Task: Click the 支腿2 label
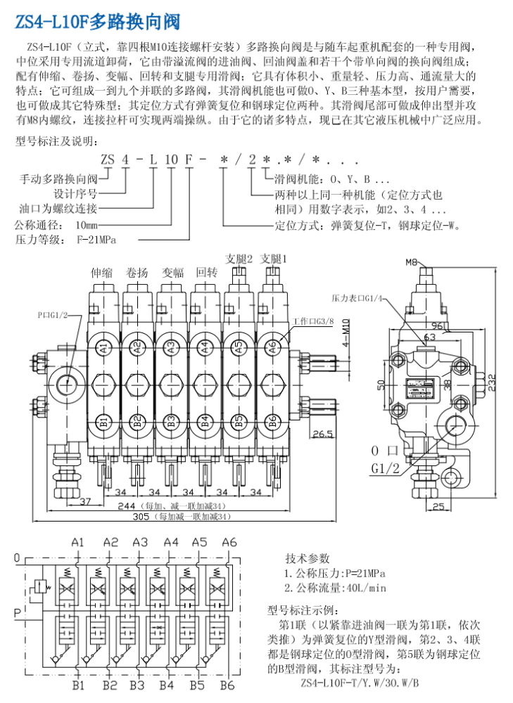[239, 259]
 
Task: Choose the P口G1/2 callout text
[53, 314]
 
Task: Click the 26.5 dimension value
[323, 434]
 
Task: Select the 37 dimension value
[85, 501]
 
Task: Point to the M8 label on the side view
[412, 262]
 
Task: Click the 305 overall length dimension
[140, 517]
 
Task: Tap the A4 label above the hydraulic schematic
[170, 542]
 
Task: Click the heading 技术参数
[307, 558]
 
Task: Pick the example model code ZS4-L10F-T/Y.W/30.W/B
[360, 683]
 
